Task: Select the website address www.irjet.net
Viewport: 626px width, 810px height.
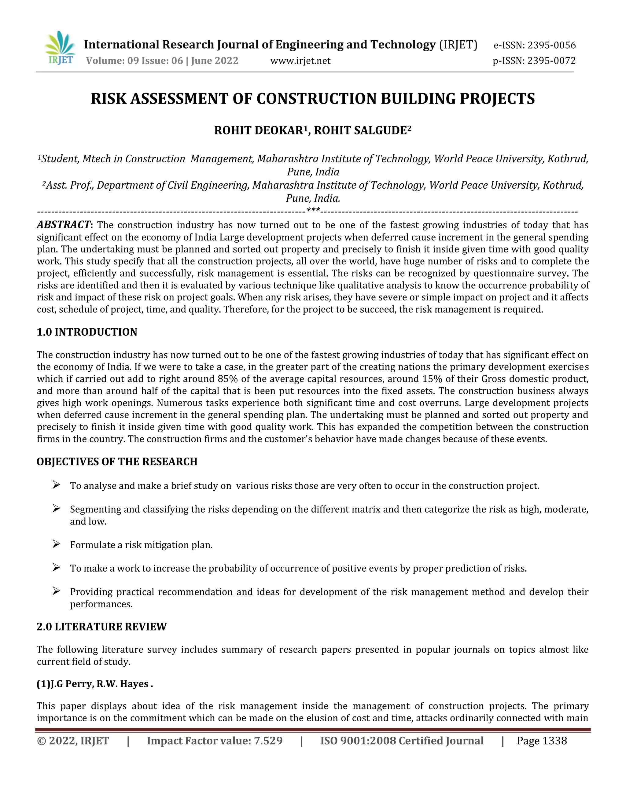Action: click(x=300, y=61)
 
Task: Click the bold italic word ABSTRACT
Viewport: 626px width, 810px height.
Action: click(x=63, y=225)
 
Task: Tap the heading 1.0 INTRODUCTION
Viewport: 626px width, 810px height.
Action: click(x=87, y=332)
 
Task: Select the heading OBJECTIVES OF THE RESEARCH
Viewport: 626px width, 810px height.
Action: click(x=117, y=462)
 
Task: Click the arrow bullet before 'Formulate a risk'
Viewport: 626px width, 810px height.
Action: click(x=56, y=544)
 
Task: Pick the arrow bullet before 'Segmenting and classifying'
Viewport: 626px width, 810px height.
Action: click(x=56, y=509)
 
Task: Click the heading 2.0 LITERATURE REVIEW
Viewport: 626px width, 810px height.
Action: click(x=101, y=627)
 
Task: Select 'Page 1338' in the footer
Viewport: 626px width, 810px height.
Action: click(x=542, y=741)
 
